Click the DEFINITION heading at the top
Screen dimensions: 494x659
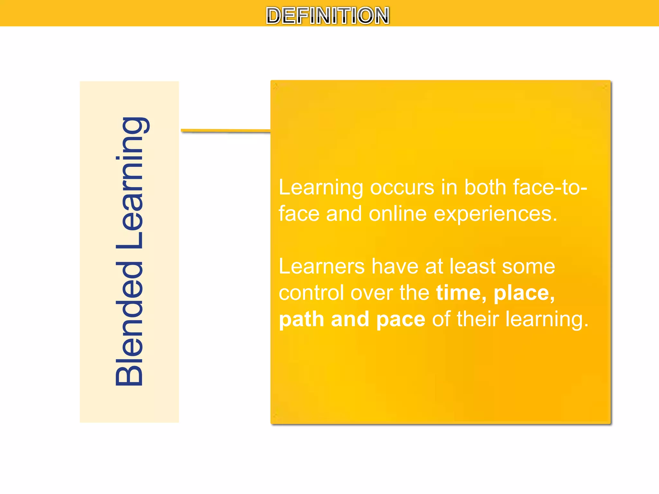coord(328,15)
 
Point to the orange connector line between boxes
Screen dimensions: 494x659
coord(225,131)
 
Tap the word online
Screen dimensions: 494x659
coord(398,214)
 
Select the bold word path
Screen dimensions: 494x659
coord(301,320)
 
